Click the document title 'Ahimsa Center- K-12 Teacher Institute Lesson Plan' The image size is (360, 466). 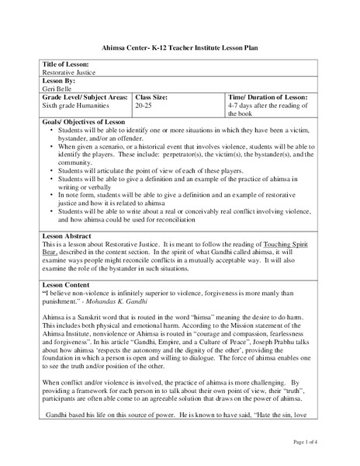click(x=179, y=47)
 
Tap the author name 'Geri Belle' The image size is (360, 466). click(x=57, y=88)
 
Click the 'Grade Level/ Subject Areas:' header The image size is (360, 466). click(x=85, y=96)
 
